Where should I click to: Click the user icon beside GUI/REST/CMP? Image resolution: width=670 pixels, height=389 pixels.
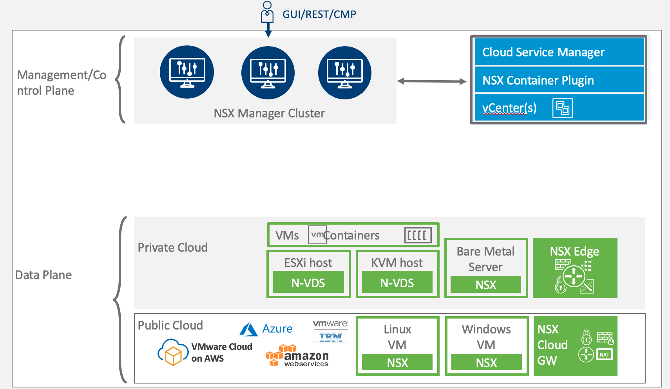tap(267, 13)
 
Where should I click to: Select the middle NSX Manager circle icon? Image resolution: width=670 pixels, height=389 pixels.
tap(268, 73)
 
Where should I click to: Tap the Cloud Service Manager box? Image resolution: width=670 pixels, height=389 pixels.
tap(559, 52)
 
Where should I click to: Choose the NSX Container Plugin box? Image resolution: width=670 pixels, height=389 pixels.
tap(559, 80)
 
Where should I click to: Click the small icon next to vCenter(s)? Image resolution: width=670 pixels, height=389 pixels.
tap(562, 108)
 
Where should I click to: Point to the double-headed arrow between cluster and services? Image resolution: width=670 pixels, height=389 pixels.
tap(431, 81)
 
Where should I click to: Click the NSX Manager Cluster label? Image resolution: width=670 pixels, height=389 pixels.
tap(269, 113)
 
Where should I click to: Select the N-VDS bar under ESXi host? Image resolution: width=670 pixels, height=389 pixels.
tap(308, 283)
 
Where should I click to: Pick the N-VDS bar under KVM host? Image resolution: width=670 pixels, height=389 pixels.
tap(397, 283)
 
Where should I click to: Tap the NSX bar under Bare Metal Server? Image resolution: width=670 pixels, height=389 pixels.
tap(486, 285)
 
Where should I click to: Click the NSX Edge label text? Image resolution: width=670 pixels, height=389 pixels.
tap(574, 251)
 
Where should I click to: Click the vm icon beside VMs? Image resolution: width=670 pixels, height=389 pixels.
tap(317, 235)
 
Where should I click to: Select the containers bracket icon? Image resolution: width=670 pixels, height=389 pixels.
tap(418, 235)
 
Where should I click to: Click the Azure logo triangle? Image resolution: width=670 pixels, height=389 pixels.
tap(248, 330)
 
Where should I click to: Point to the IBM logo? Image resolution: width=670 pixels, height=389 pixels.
tap(331, 337)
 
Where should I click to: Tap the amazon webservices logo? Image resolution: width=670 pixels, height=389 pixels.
tap(297, 356)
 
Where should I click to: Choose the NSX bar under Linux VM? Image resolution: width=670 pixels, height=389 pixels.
tap(397, 363)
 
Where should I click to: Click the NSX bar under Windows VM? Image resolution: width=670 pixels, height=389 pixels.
tap(486, 363)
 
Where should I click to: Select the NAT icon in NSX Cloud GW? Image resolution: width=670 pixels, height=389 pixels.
tap(605, 355)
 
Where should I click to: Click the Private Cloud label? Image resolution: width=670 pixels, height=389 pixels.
tap(172, 248)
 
